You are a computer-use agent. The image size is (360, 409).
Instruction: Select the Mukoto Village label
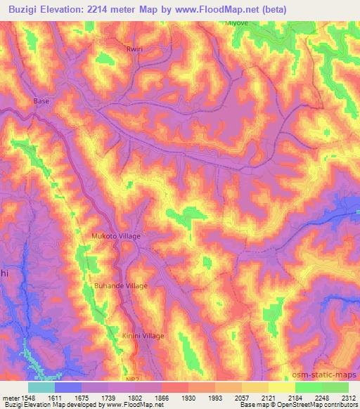[x=116, y=236]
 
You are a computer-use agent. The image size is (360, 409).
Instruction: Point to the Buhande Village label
[x=121, y=286]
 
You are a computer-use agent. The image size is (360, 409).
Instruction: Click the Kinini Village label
[x=143, y=336]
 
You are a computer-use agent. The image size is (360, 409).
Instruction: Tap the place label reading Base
[x=41, y=101]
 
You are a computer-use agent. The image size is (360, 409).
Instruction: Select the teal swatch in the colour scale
[x=41, y=387]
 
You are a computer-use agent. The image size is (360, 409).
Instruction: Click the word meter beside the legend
[x=11, y=397]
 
